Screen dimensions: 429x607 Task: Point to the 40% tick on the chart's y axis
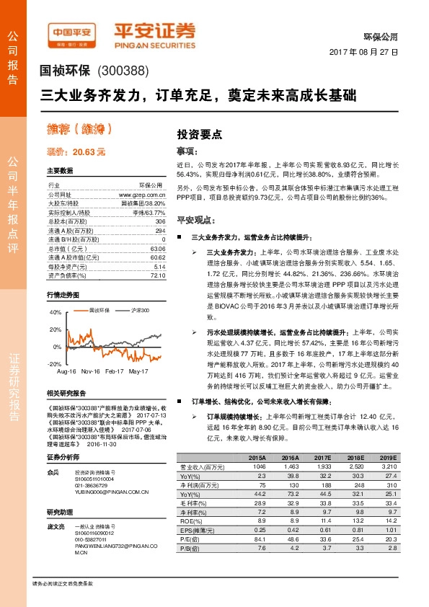(x=56, y=312)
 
